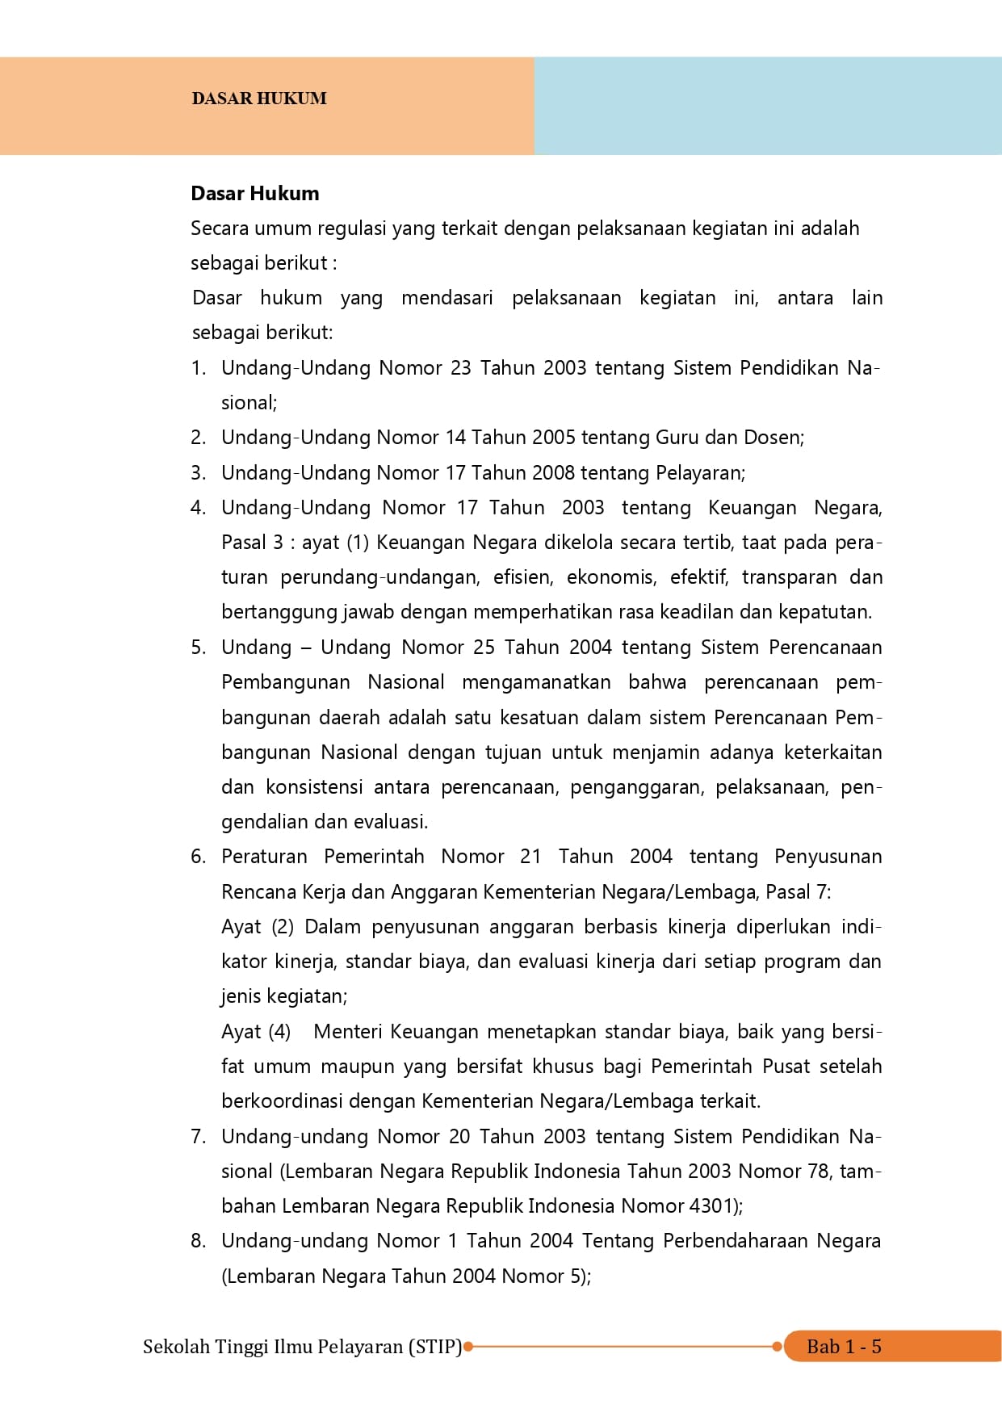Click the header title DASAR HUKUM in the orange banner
click(259, 99)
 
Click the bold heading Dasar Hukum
click(255, 194)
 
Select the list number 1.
click(198, 368)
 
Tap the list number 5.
click(198, 648)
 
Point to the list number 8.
click(198, 1241)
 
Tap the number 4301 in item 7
click(711, 1206)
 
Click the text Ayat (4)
click(256, 1032)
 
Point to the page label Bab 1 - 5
click(844, 1347)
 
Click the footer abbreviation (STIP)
click(435, 1347)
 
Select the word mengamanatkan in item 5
click(536, 682)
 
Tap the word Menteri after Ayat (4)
click(347, 1032)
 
